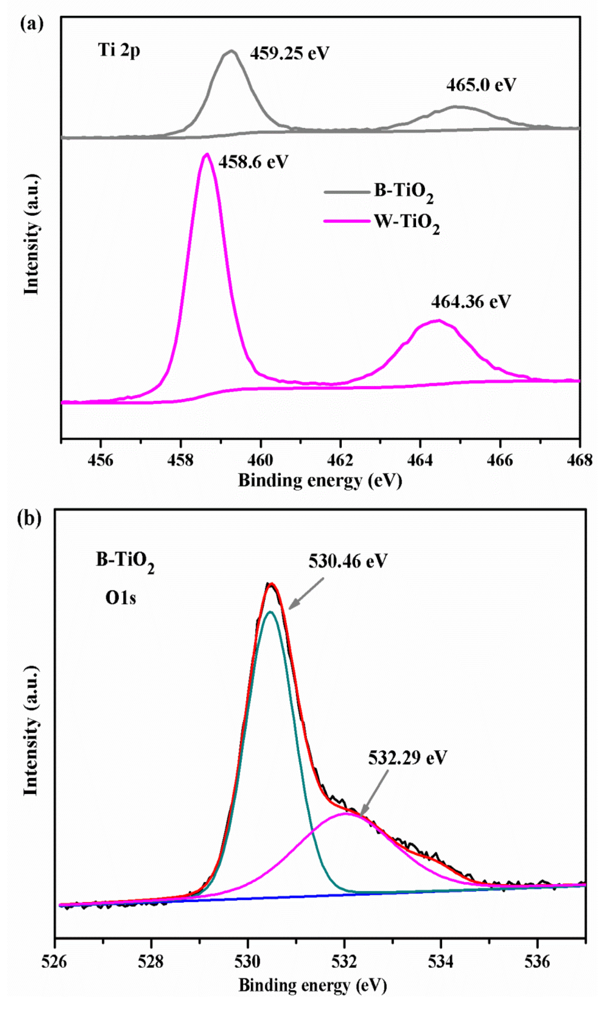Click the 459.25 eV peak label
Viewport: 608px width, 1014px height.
290,53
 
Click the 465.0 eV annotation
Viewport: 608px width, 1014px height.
481,85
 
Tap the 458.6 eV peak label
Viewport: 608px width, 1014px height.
253,162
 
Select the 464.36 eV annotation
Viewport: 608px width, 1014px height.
471,302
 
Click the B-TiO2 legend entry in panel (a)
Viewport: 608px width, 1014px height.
404,192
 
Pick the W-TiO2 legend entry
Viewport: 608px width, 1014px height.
407,222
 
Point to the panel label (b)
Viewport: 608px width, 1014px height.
29,518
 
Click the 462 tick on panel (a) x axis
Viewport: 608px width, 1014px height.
340,461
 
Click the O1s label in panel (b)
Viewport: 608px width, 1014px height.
121,598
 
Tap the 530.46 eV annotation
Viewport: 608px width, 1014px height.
348,561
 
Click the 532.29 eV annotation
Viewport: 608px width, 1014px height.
407,758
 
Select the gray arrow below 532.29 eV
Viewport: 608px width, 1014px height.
374,792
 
